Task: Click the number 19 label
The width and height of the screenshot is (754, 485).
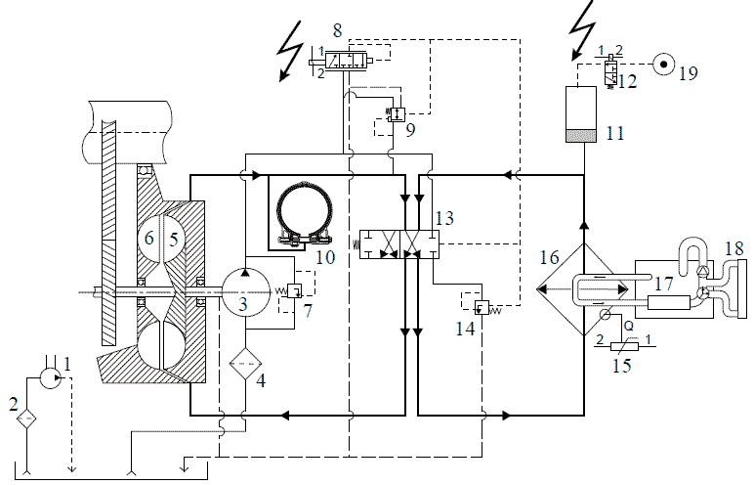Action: [x=689, y=73]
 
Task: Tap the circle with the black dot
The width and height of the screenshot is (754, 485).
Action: [x=664, y=65]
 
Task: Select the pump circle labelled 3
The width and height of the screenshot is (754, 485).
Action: [x=245, y=291]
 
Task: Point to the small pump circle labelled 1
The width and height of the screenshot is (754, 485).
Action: [x=50, y=377]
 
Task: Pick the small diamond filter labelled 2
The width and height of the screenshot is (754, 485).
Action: [x=26, y=419]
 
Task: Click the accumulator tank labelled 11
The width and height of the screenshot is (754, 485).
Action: [x=581, y=114]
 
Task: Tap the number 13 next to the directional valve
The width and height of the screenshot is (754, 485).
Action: [x=444, y=218]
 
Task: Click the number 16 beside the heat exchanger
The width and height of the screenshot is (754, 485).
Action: [x=549, y=257]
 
